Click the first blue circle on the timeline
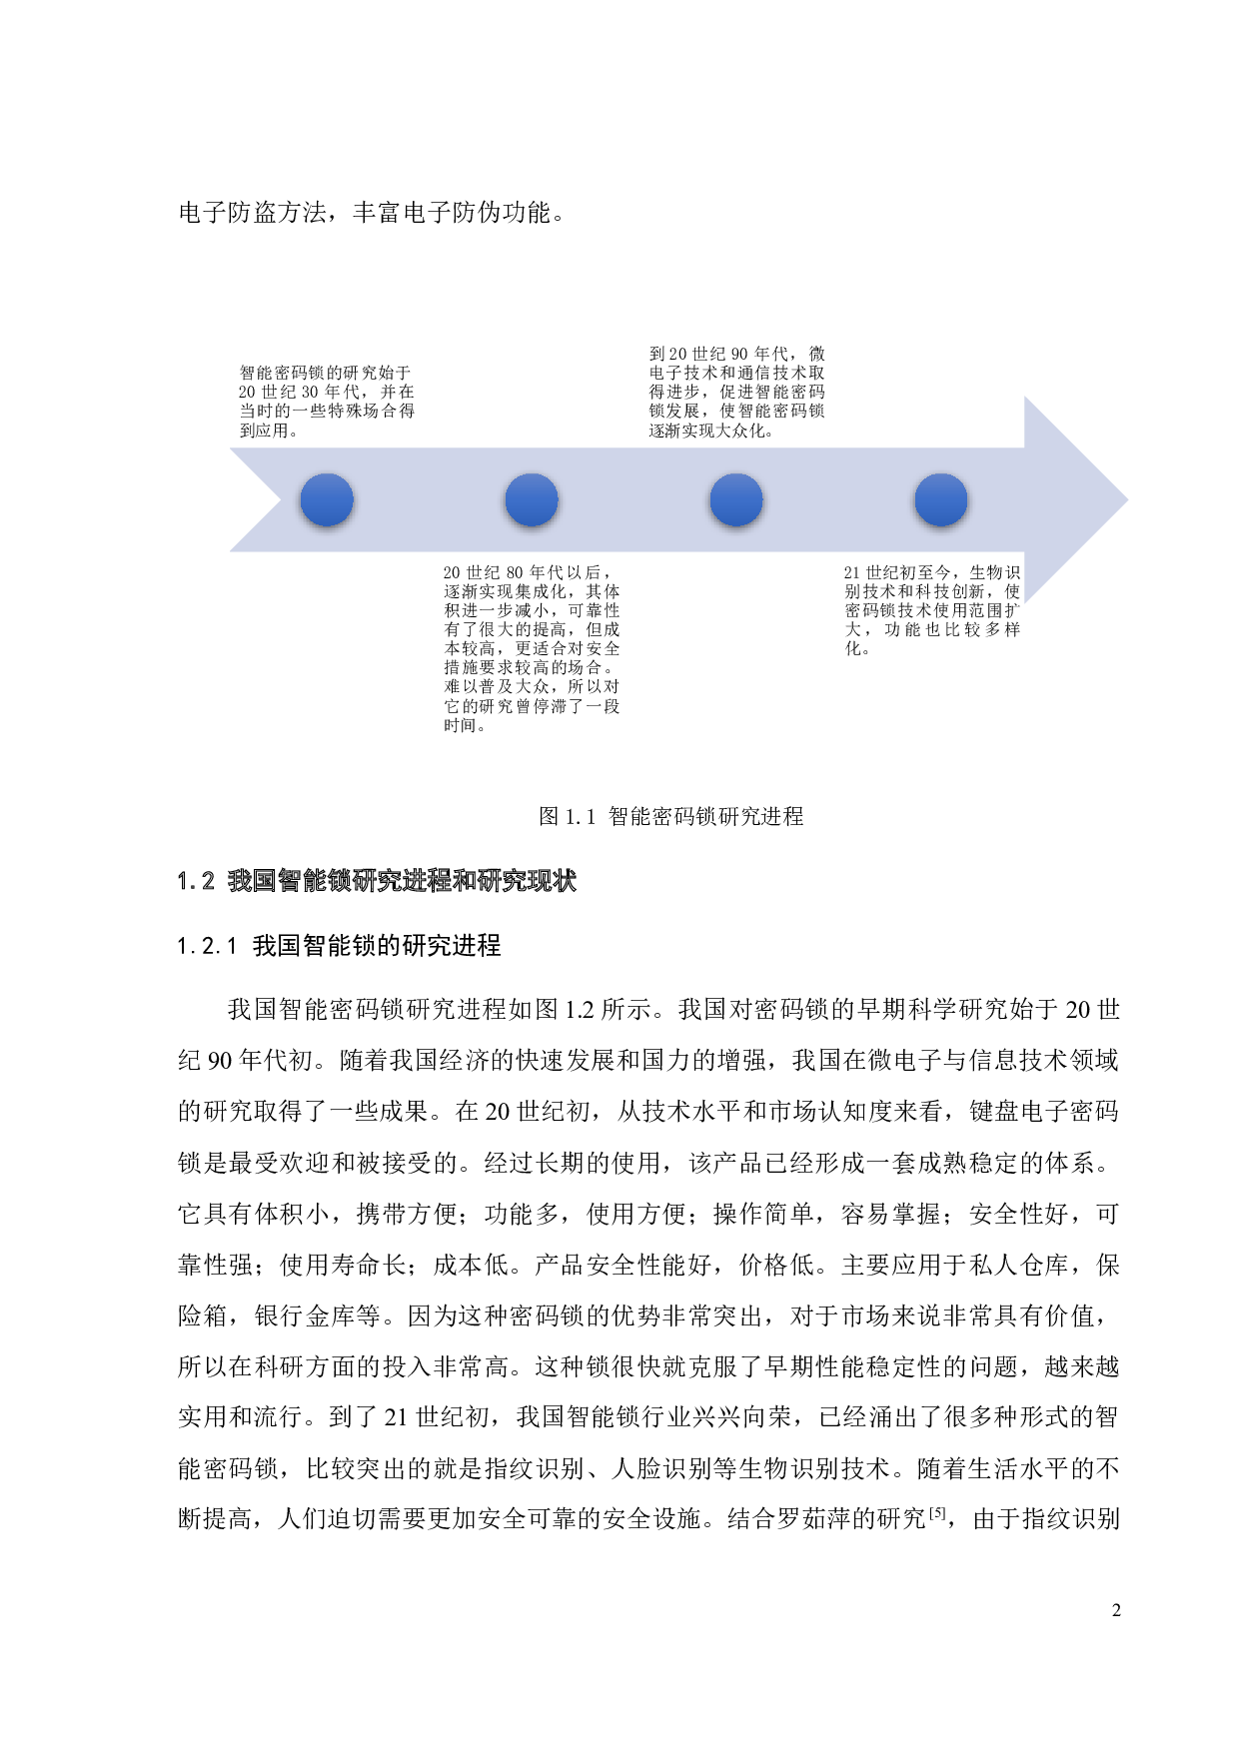tap(327, 500)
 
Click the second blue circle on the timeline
tap(532, 500)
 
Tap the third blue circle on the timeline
tap(736, 500)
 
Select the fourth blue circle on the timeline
tap(941, 500)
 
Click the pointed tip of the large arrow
tap(1128, 500)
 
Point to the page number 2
tap(1116, 1610)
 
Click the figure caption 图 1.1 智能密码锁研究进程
tap(671, 816)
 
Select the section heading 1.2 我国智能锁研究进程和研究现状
tap(377, 880)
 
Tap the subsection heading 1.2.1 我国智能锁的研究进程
tap(339, 945)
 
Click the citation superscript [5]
tap(937, 1512)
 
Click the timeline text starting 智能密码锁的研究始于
tap(327, 401)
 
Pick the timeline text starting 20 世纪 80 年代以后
tap(532, 648)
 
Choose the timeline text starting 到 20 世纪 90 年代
tap(737, 392)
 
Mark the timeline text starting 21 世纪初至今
tap(932, 609)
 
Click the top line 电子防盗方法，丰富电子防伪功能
tap(372, 213)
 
